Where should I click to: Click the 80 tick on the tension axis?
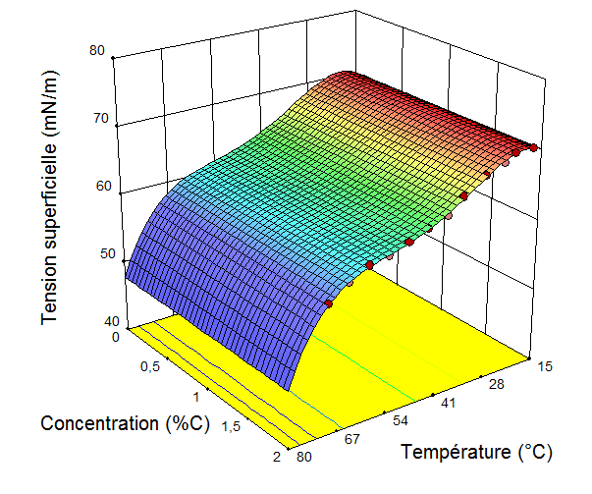[96, 53]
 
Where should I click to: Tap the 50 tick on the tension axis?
[96, 254]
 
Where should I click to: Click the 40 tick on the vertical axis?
[96, 321]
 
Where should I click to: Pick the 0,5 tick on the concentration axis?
[149, 366]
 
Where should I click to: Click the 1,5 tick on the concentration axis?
[232, 427]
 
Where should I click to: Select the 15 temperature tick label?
[545, 365]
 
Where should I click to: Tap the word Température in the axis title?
[455, 452]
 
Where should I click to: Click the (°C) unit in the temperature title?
[534, 452]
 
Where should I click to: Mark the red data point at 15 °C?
[533, 147]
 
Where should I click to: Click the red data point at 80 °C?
[328, 304]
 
